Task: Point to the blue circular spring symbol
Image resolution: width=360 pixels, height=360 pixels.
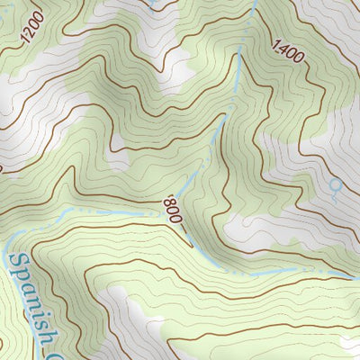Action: point(335,186)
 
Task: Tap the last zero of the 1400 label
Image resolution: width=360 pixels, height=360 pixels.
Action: point(301,60)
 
